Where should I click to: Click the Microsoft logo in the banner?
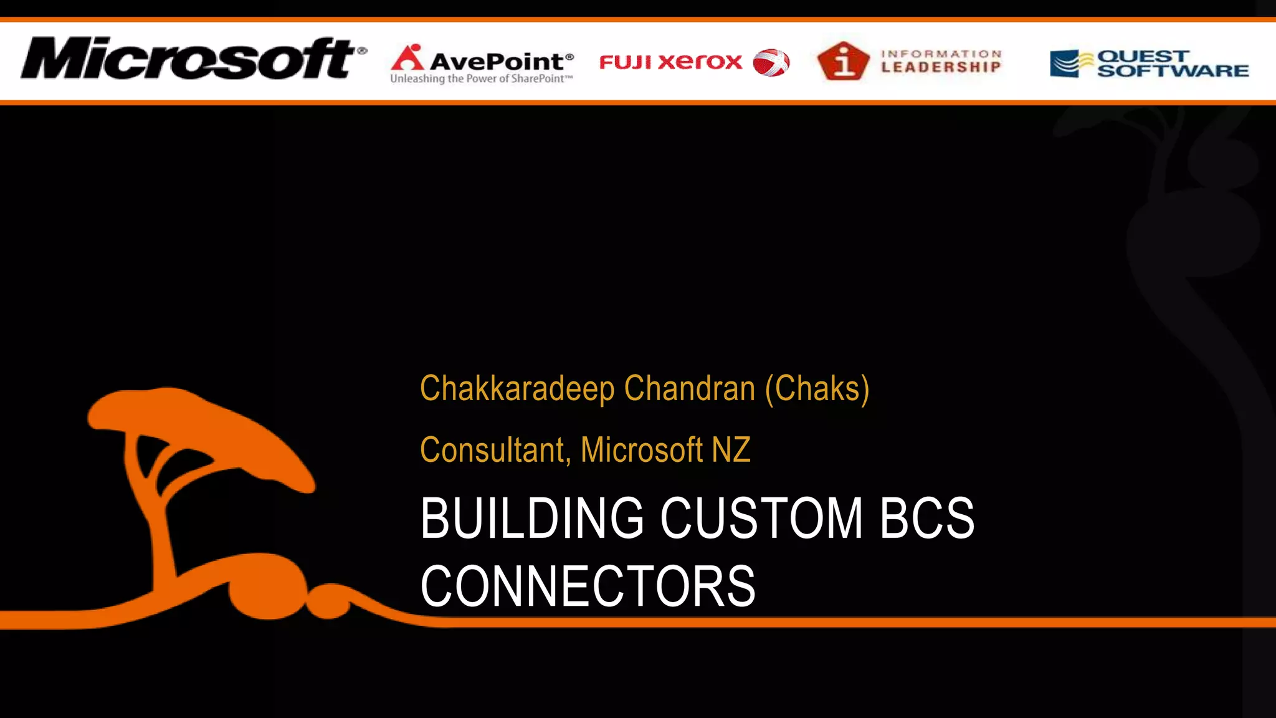tap(193, 59)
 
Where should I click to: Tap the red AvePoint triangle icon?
tap(407, 57)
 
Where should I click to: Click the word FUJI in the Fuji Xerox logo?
tap(625, 62)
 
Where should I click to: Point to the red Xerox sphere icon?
tap(771, 62)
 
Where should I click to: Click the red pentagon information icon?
tap(843, 61)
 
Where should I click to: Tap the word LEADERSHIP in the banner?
tap(941, 67)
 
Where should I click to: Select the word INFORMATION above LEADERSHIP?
tap(941, 54)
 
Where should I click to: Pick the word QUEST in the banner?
tap(1143, 56)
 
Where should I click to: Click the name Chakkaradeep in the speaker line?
tap(517, 389)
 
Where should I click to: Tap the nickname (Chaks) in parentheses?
tap(817, 389)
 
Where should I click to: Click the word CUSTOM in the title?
tap(761, 519)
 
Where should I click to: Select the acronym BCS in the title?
tap(926, 519)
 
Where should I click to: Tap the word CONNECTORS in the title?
tap(588, 586)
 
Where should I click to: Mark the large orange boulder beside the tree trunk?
tap(268, 586)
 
